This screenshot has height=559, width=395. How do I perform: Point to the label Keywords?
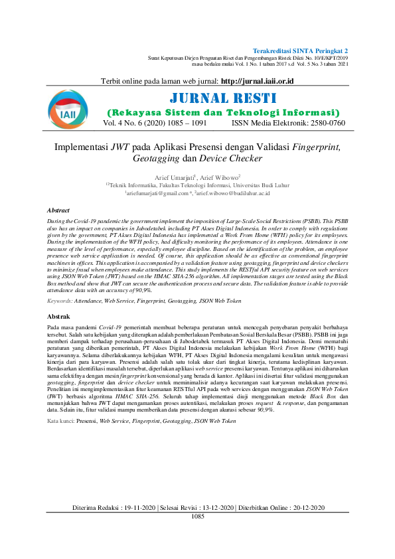pyautogui.click(x=60, y=301)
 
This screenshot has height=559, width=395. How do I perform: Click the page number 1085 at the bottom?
pyautogui.click(x=198, y=516)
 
